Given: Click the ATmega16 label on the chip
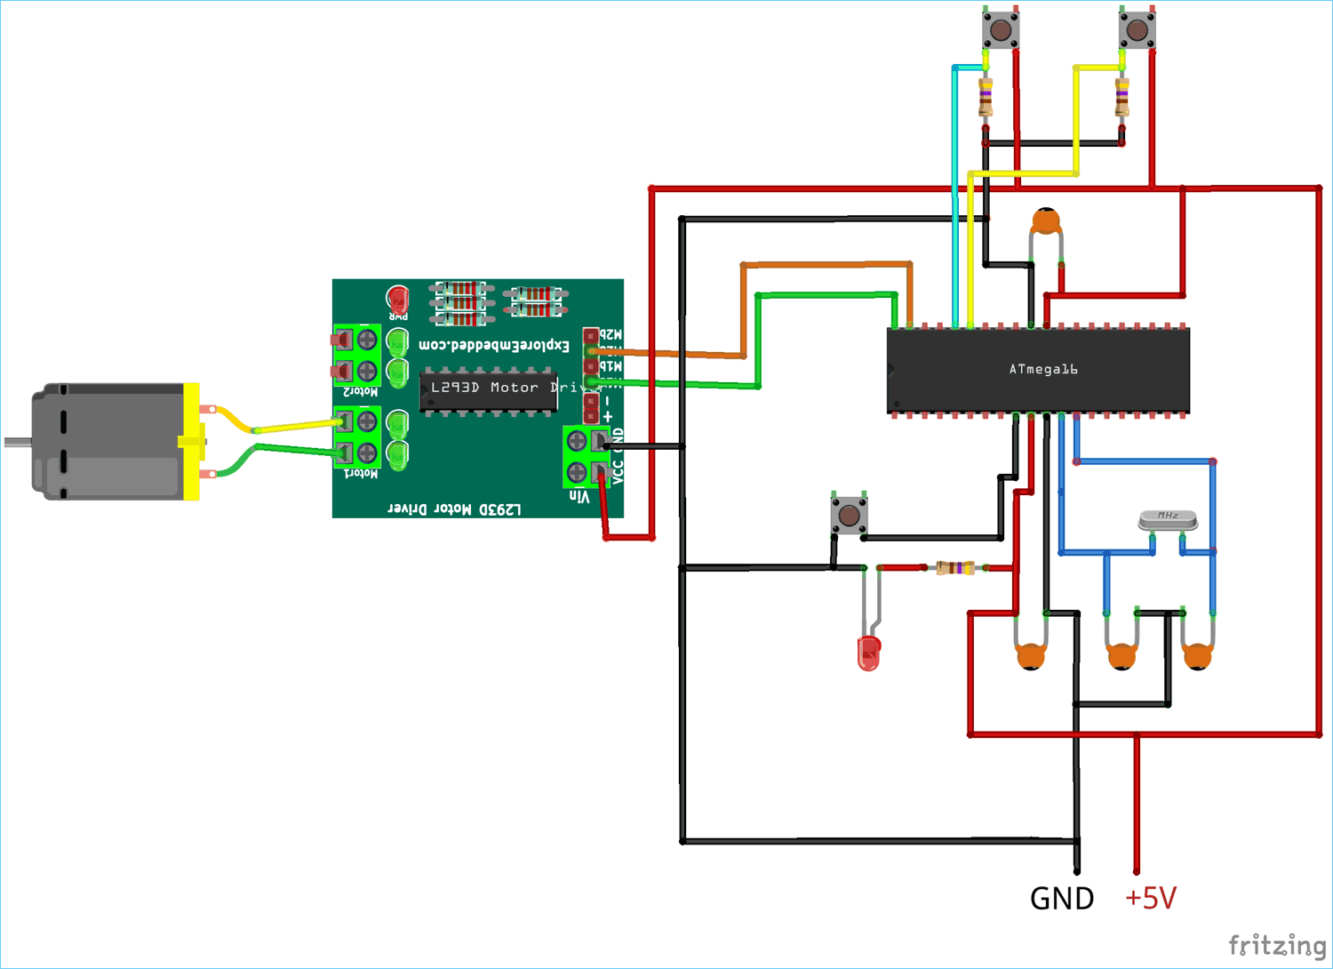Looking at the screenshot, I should point(1042,369).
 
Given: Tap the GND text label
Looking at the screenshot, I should point(1061,899).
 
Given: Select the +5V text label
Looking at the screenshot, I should point(1150,898).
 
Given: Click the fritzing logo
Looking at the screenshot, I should point(1276,945).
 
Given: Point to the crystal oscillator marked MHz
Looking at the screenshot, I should point(1168,519).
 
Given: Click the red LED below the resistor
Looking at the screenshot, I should point(868,653).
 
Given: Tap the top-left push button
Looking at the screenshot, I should point(1000,30).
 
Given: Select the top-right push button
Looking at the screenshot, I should point(1137,30).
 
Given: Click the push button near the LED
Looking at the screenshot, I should point(849,515).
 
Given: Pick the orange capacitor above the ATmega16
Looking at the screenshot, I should point(1046,221).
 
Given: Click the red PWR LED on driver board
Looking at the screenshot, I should point(397,299).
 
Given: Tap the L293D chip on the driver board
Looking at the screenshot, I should point(488,389).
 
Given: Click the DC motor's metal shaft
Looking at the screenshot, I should point(18,442).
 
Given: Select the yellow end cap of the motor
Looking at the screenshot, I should point(191,441).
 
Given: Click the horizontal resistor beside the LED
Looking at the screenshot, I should point(955,568).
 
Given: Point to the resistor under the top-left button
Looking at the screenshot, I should point(986,98).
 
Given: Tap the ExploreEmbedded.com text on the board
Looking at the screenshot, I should point(493,345).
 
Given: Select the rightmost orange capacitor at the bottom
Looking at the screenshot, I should point(1197,656).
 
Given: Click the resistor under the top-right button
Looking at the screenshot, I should point(1122,98).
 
